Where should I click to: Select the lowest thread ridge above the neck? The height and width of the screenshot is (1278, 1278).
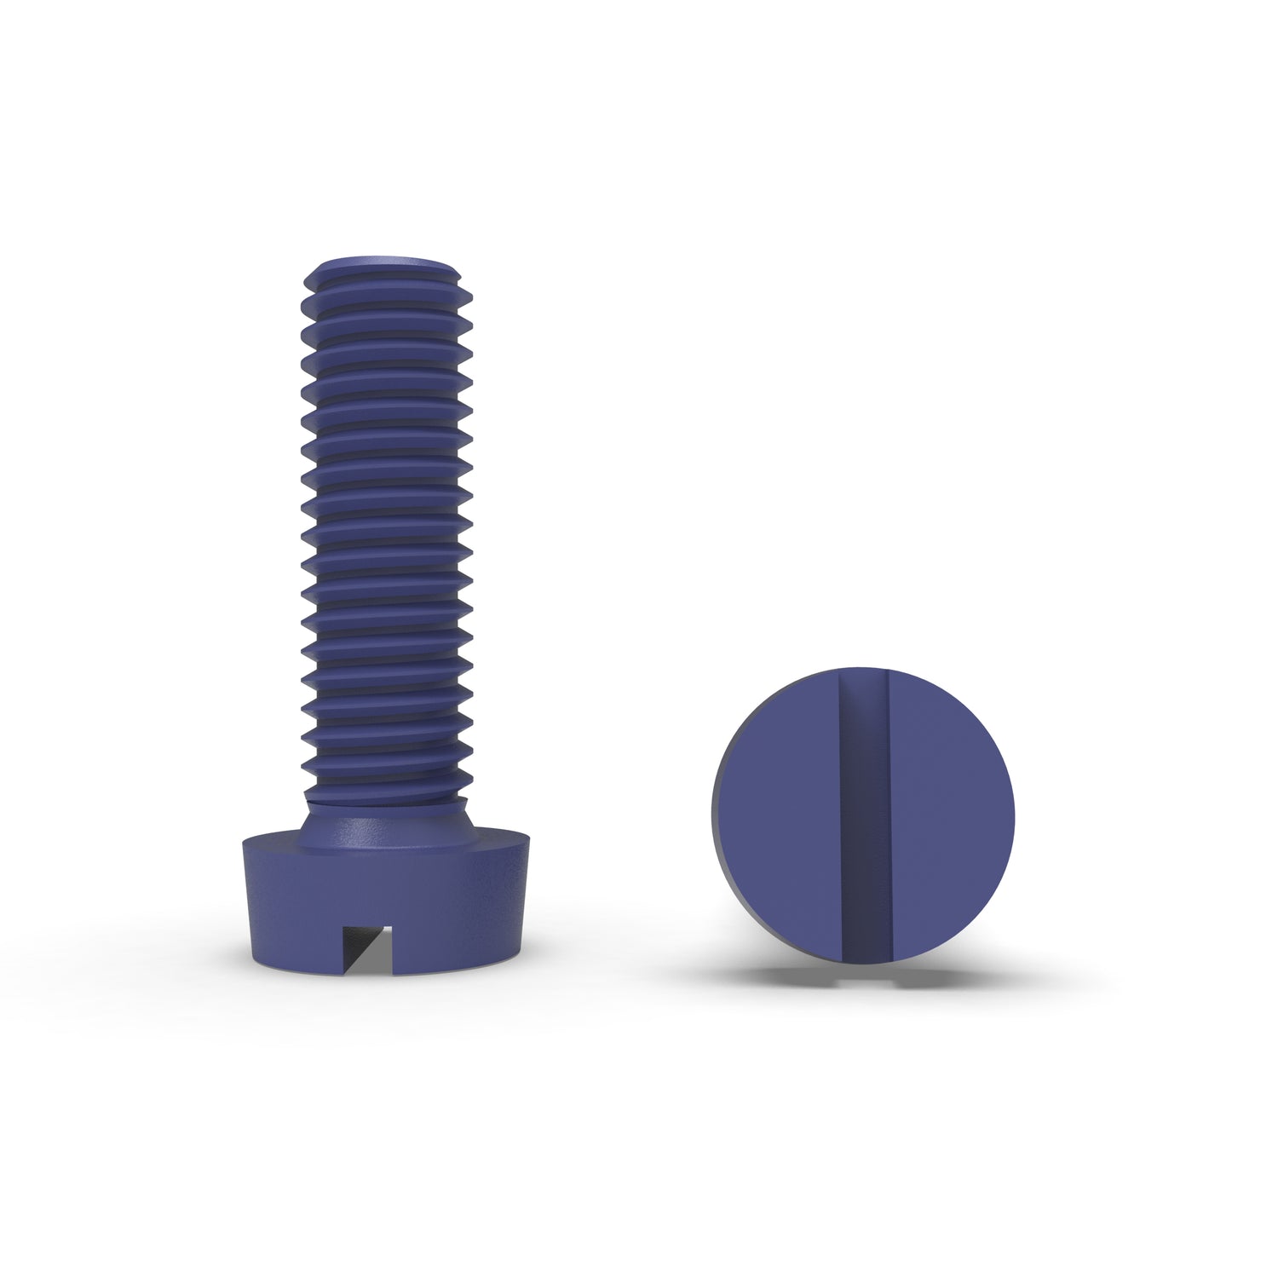pos(388,789)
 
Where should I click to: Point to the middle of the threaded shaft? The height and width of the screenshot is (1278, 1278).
pos(388,528)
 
